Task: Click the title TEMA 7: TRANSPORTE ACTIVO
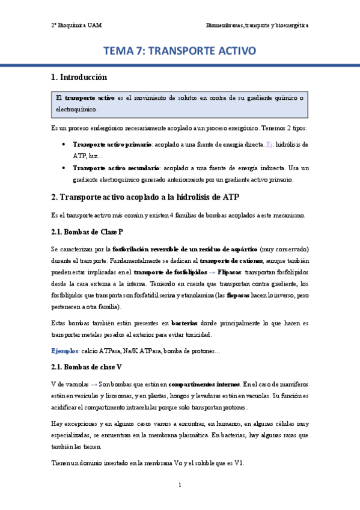(x=180, y=51)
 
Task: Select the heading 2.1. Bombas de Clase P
(x=88, y=232)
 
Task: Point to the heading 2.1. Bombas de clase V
(x=87, y=366)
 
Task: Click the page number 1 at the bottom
(x=180, y=485)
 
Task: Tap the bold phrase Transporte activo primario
(x=112, y=145)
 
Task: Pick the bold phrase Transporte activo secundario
(x=116, y=168)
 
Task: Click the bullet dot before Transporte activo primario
(x=64, y=145)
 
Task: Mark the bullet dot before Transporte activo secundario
(x=64, y=168)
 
